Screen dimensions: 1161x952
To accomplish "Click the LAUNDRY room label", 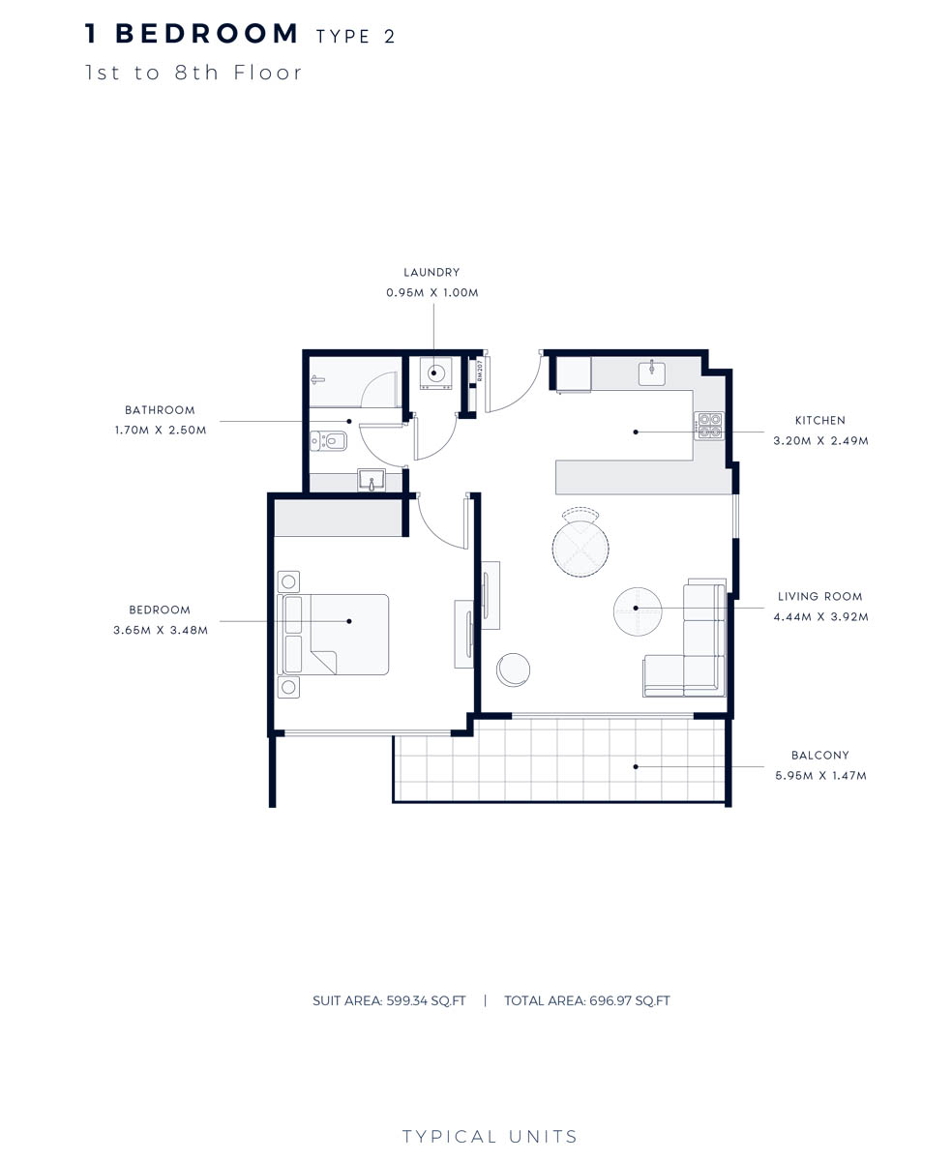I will (x=431, y=273).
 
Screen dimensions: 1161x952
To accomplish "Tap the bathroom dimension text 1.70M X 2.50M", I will (x=160, y=430).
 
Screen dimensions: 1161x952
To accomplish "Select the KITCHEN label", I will (x=819, y=421).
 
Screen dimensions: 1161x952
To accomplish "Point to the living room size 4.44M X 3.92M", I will (x=820, y=616).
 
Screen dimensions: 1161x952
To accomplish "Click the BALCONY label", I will (x=819, y=756).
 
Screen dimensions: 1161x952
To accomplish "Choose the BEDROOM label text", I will (x=160, y=610).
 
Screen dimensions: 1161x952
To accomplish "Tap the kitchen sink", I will (x=652, y=372).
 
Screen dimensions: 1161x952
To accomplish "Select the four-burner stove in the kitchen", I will (x=709, y=426).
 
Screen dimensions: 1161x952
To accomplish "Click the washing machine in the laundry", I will (x=435, y=373).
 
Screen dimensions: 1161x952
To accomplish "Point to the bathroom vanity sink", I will (x=372, y=480).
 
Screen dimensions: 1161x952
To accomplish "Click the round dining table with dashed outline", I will (x=580, y=548).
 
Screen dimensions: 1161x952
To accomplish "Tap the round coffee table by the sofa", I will (x=638, y=611).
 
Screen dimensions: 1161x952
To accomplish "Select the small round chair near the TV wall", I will (x=513, y=670).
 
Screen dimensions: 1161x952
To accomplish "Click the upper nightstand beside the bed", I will (x=288, y=581).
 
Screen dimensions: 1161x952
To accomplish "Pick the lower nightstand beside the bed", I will (x=288, y=687).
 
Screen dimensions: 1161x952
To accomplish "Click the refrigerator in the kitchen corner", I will (x=573, y=374).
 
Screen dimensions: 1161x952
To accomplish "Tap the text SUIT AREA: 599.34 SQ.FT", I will (x=389, y=1001).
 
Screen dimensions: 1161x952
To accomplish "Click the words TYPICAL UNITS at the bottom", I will (x=490, y=1137).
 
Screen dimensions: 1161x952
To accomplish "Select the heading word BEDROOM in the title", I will (x=207, y=34).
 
